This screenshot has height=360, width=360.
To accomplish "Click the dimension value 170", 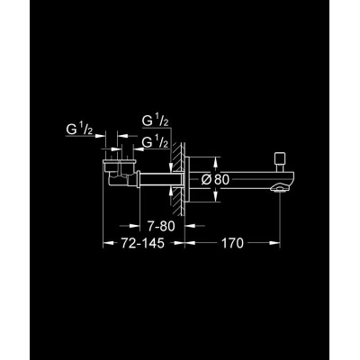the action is (232, 243).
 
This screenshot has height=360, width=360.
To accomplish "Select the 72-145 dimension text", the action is (143, 243).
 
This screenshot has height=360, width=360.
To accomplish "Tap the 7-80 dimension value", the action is (161, 226).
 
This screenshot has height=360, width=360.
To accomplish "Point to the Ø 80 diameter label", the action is (215, 179).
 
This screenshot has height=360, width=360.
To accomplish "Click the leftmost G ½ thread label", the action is (79, 130).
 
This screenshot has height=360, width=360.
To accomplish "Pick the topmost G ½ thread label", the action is (155, 121).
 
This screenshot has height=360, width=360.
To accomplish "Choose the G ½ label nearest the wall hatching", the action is (155, 142).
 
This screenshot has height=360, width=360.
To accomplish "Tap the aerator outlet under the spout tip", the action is (277, 188).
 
